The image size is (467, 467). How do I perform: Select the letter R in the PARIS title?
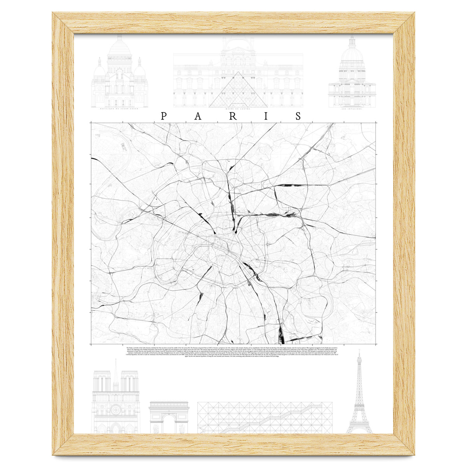pos(233,116)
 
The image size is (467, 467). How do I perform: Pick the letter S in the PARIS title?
pos(299,116)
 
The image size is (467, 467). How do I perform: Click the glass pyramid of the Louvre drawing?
pos(238,91)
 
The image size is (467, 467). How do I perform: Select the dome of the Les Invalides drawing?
pos(352,54)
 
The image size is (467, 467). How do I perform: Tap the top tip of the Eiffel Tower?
pos(359,351)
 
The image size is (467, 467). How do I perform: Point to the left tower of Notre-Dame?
pos(102,389)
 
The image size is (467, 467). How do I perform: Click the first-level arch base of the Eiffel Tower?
pos(359,426)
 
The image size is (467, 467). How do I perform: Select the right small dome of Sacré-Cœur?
pos(140,69)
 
